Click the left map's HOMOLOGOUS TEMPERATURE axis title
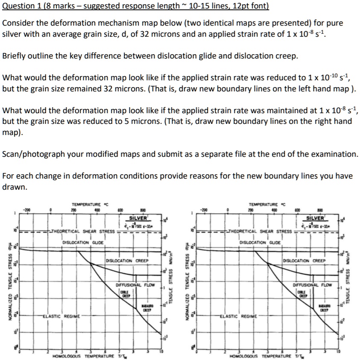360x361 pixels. tap(84, 356)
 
